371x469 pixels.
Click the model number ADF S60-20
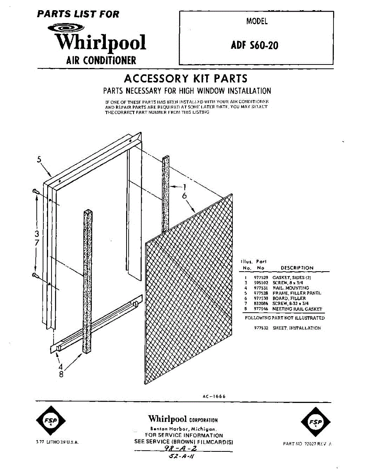coord(254,46)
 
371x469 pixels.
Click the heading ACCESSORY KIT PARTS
coord(185,79)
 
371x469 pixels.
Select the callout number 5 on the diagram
coord(39,160)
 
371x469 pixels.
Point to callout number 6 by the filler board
coord(184,196)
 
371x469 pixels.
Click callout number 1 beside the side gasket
coord(184,187)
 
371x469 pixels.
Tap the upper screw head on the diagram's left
coord(34,191)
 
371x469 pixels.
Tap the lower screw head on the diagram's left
coord(34,276)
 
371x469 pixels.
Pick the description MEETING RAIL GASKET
coord(297,309)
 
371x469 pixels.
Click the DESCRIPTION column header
coord(297,268)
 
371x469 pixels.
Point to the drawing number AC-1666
coord(214,396)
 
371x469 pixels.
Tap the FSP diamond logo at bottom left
coord(50,421)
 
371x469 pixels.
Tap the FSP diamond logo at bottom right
coord(316,421)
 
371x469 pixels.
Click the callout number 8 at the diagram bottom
coord(61,374)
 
